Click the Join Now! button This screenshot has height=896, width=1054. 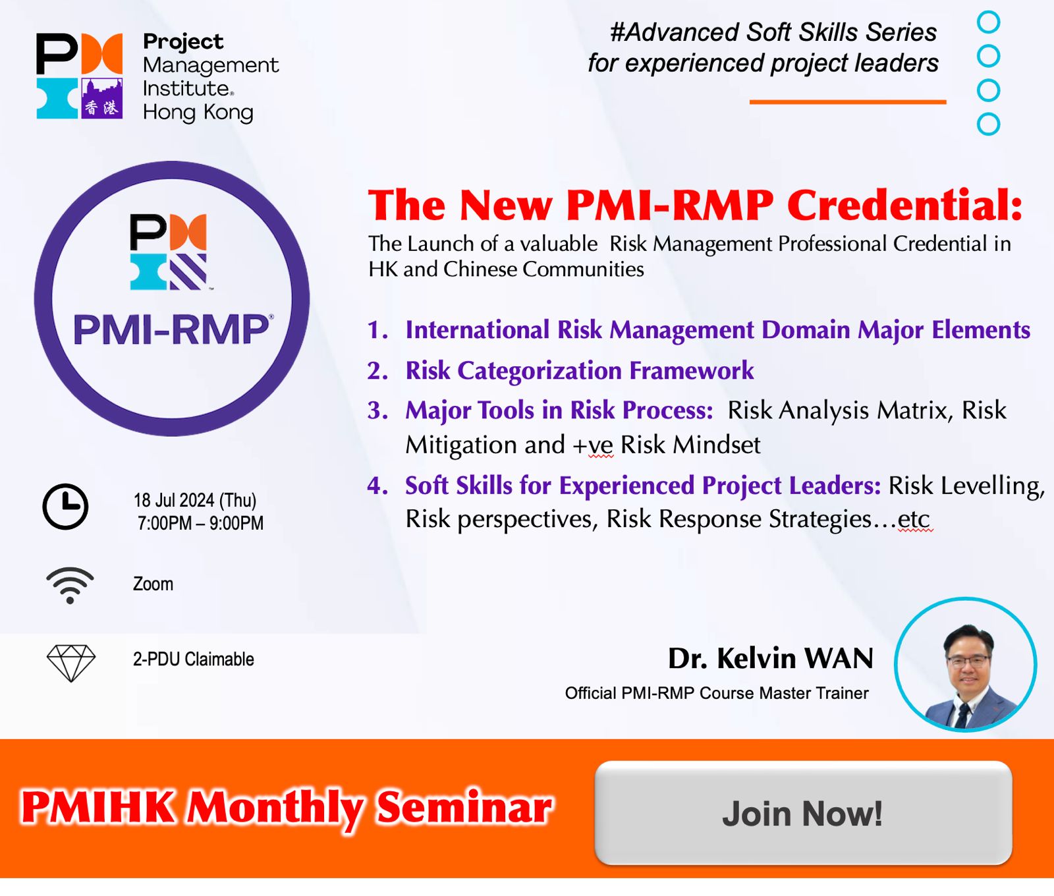[803, 813]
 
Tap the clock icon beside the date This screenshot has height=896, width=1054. [65, 507]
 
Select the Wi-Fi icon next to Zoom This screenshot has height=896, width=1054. [70, 585]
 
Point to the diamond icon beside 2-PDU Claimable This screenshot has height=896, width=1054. [71, 663]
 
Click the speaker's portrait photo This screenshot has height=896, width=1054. [966, 665]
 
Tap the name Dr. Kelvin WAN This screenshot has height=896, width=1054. [771, 658]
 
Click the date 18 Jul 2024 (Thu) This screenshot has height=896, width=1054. [195, 501]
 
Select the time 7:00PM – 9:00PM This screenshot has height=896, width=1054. [200, 523]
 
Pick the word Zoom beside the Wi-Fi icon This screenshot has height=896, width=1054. [153, 584]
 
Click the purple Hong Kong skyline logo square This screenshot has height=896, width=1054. [102, 99]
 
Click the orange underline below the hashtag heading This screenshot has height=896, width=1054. [848, 102]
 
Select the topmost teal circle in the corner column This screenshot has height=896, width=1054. [988, 22]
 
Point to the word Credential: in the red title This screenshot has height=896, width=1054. [905, 205]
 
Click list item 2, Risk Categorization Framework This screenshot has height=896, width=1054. [579, 371]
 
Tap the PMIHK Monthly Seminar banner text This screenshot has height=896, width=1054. [287, 808]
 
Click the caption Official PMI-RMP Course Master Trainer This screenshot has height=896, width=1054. [717, 693]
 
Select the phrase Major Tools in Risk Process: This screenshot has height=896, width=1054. [559, 410]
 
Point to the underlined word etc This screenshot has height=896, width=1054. [914, 520]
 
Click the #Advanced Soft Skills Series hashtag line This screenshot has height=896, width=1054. [773, 32]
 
